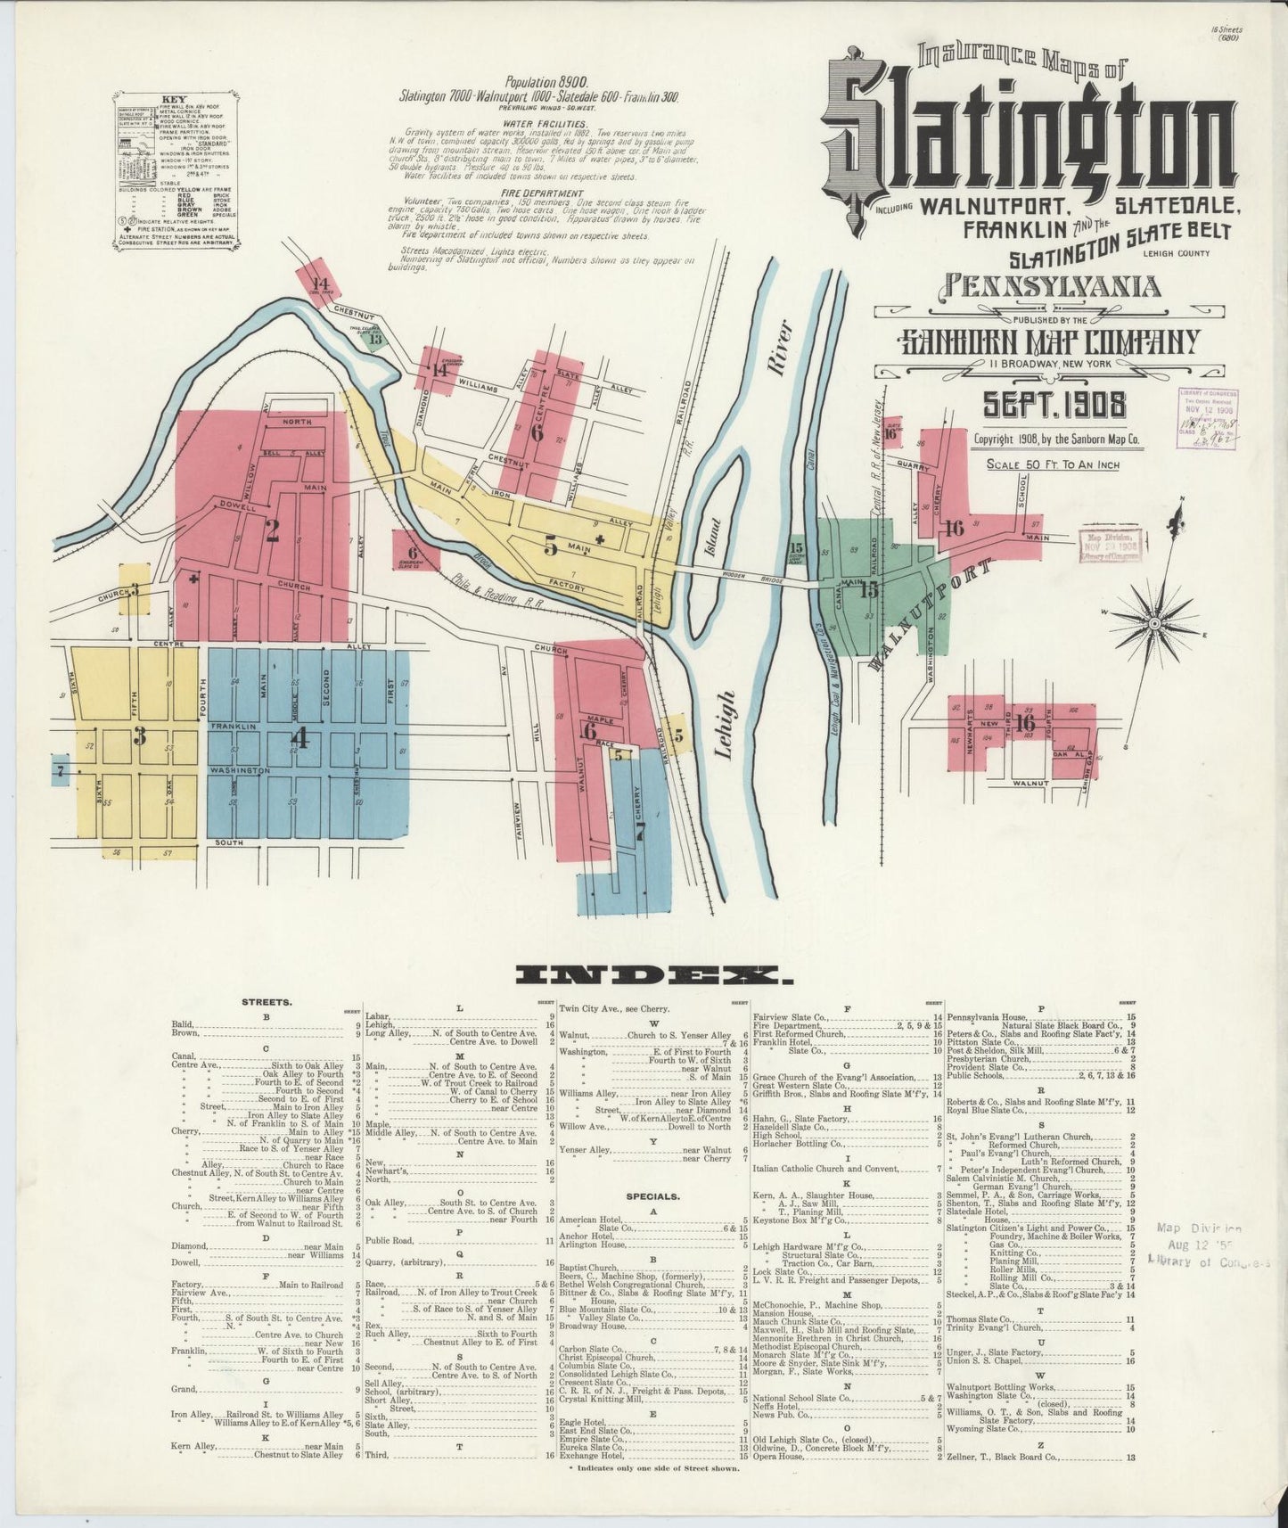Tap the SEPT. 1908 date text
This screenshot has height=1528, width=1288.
coord(1054,406)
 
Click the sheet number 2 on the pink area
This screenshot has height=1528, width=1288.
coord(272,531)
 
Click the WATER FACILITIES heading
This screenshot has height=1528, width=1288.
coord(545,123)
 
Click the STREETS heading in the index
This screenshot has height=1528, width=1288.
coord(266,1002)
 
